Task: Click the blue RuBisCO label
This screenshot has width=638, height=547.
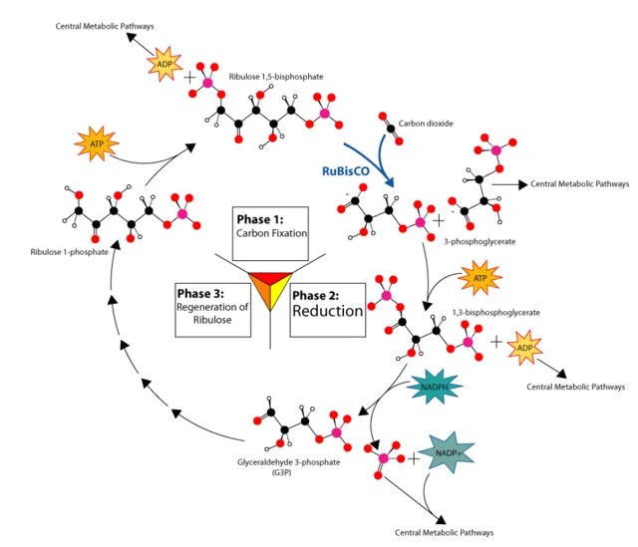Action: click(349, 170)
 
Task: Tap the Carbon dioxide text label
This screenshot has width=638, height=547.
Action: click(425, 126)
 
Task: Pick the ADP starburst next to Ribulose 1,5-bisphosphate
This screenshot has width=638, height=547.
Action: click(163, 65)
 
